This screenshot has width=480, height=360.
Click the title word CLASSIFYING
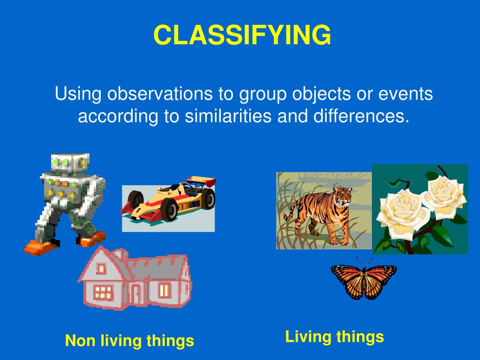[242, 35]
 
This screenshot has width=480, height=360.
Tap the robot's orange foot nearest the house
[91, 240]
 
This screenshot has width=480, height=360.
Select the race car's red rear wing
[201, 181]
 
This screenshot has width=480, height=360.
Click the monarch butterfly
[364, 279]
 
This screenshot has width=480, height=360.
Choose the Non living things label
[129, 341]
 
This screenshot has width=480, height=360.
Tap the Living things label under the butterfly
[335, 337]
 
